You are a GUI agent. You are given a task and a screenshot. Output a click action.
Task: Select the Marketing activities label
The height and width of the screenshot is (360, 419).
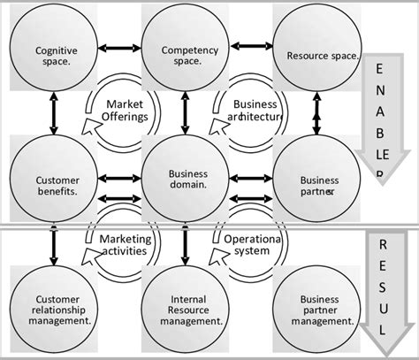125,246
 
